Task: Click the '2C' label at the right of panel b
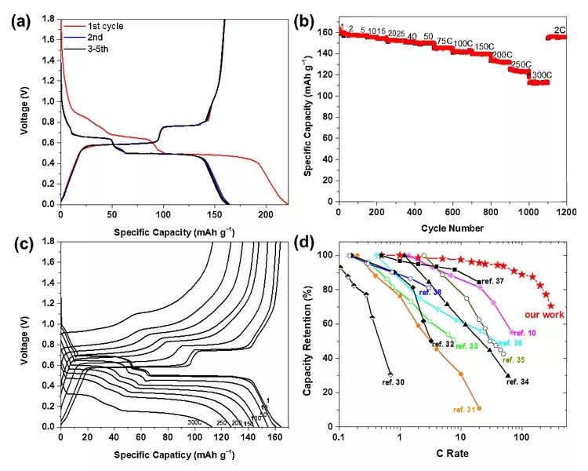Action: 560,30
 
